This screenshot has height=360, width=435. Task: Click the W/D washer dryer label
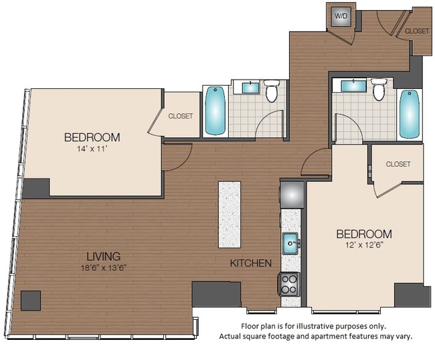(x=340, y=15)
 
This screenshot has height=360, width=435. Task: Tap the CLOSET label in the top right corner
(x=417, y=31)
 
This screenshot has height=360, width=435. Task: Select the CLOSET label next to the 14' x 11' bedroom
(x=180, y=116)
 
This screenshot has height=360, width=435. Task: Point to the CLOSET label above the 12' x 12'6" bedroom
(x=398, y=164)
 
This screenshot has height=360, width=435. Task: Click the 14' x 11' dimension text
(x=92, y=150)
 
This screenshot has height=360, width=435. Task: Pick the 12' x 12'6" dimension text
(x=363, y=246)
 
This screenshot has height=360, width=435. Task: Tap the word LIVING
(x=103, y=256)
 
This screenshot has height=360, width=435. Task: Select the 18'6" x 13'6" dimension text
(x=103, y=268)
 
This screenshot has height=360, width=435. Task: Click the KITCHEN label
(x=250, y=264)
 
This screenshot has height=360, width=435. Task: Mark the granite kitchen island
(x=228, y=214)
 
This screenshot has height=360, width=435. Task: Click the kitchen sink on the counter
(x=291, y=242)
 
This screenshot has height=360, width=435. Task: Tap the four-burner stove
(x=290, y=285)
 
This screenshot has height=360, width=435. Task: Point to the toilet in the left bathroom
(x=271, y=92)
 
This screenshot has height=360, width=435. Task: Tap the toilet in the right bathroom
(x=379, y=90)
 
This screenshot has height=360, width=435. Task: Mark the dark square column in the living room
(x=31, y=300)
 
